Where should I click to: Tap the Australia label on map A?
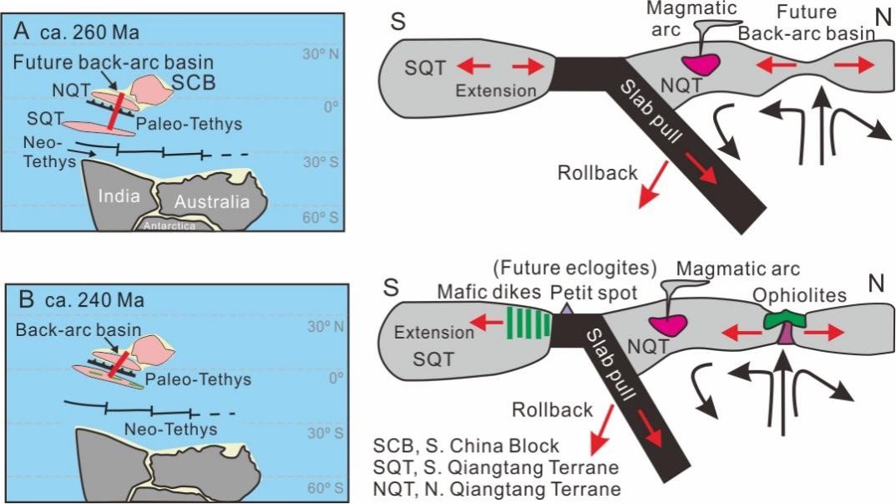214,201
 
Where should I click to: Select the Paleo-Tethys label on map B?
198,379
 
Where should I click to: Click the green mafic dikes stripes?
529,321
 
